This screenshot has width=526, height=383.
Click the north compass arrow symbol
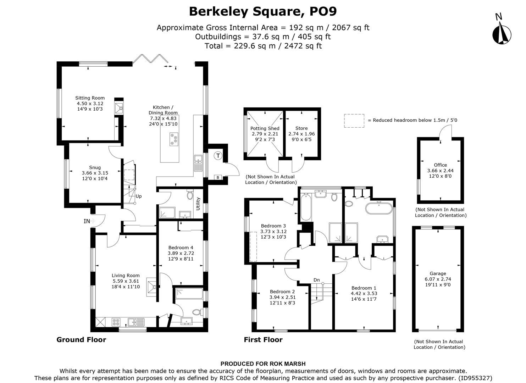coord(502,33)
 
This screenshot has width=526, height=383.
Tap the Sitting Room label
coord(90,98)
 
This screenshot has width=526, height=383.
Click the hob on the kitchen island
coord(174,139)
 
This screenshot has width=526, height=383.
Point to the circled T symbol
coord(218,155)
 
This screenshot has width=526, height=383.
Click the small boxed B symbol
coord(217,177)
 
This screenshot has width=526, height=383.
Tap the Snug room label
coord(95,167)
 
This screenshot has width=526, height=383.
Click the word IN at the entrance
coord(87,221)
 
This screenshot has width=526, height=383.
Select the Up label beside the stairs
coord(139,196)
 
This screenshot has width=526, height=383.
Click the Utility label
coord(198,204)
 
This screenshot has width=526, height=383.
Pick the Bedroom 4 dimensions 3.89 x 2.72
coord(181,253)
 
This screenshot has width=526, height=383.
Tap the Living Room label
coord(126,276)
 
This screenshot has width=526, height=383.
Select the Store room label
coord(301,128)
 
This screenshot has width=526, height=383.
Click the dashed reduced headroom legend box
coord(354,121)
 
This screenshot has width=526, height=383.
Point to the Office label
coord(440,165)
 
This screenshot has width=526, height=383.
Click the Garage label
coord(438,273)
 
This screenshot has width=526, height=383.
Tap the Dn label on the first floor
coord(316,280)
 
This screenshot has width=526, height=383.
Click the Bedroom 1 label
coord(364,288)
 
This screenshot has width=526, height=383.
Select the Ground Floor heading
coord(81,340)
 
